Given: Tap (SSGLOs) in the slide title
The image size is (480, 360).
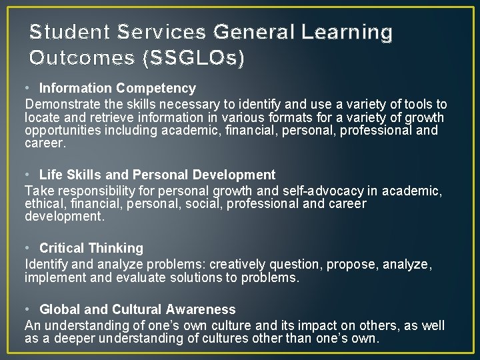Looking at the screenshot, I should [193, 58].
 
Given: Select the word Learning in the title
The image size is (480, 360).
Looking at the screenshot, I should [347, 32].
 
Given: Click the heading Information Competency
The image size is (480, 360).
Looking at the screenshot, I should [117, 88].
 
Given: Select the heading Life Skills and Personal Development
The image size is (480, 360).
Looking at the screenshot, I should [157, 175].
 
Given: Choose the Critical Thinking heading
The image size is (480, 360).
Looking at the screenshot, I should [91, 248].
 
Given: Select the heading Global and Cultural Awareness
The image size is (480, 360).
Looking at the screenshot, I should [137, 309].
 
